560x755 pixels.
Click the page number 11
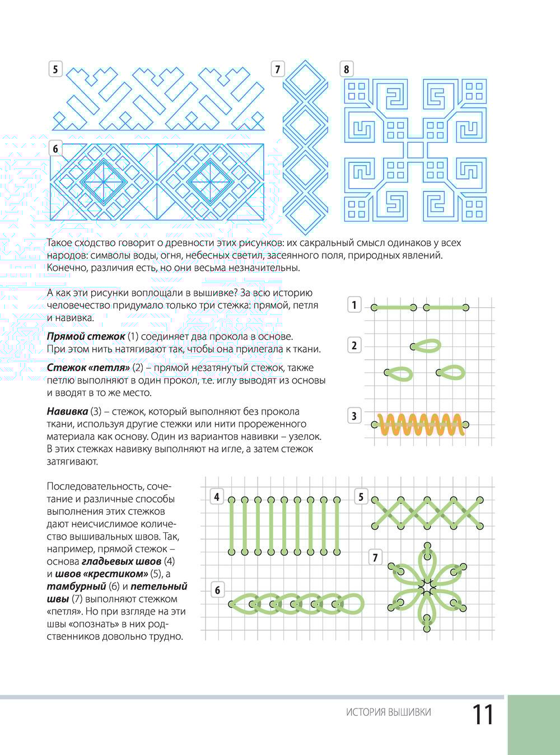pyautogui.click(x=483, y=715)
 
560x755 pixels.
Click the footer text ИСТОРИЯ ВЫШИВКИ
pyautogui.click(x=389, y=712)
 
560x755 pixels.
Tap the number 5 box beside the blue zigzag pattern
pyautogui.click(x=55, y=69)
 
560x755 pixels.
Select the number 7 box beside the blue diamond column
pyautogui.click(x=278, y=69)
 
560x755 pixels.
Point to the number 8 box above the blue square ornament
pyautogui.click(x=346, y=69)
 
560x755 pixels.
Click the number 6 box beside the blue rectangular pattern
pyautogui.click(x=55, y=149)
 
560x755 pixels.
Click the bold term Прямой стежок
pyautogui.click(x=86, y=336)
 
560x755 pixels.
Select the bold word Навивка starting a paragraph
pyautogui.click(x=67, y=411)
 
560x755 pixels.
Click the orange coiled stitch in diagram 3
pyautogui.click(x=420, y=425)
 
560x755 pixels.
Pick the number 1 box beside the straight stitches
pyautogui.click(x=354, y=305)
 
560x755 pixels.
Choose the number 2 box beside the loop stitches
pyautogui.click(x=354, y=345)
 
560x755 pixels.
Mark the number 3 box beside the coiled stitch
pyautogui.click(x=354, y=416)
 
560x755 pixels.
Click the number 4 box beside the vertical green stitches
pyautogui.click(x=217, y=496)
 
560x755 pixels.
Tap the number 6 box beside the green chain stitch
pyautogui.click(x=217, y=590)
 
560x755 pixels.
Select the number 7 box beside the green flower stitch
pyautogui.click(x=375, y=557)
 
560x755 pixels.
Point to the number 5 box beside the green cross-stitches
pyautogui.click(x=361, y=496)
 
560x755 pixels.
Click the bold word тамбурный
pyautogui.click(x=76, y=586)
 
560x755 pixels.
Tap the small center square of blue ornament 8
pyautogui.click(x=415, y=149)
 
